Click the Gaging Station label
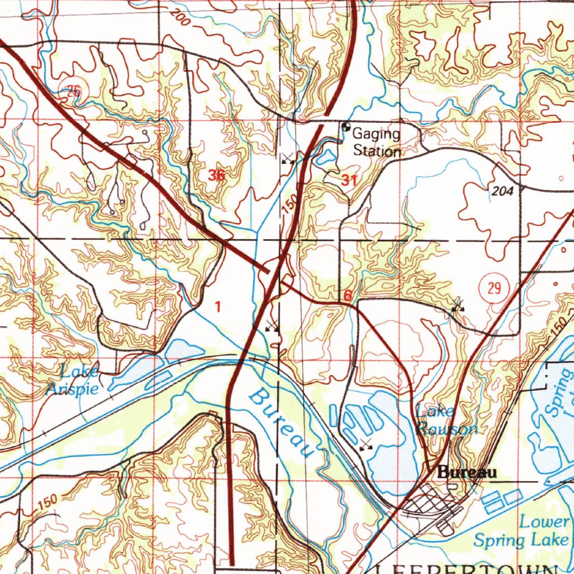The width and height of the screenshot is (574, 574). [376, 142]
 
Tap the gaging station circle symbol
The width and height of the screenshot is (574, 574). [345, 127]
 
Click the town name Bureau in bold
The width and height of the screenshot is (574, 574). [467, 473]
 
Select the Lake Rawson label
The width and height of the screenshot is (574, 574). [446, 420]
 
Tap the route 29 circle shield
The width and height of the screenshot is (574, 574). [494, 289]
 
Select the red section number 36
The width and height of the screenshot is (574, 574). [216, 175]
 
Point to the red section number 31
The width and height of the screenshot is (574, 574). [348, 180]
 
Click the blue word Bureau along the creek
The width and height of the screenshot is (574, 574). [280, 423]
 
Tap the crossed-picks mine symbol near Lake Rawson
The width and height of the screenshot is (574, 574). [366, 445]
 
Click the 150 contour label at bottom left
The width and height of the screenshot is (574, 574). [49, 500]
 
